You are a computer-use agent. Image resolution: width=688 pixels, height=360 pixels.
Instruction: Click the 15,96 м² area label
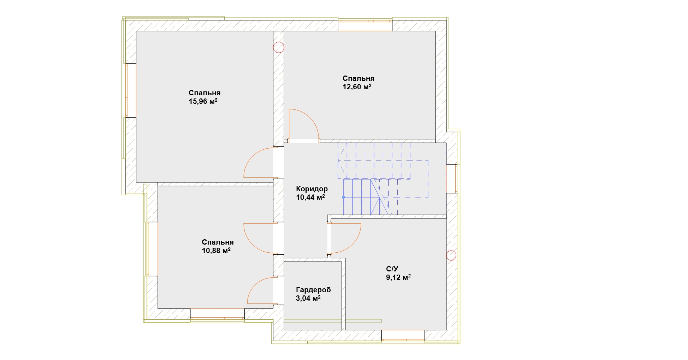203,102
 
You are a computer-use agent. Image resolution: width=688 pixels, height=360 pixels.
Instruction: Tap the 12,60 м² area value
357,87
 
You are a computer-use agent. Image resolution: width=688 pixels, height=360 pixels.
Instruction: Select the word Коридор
312,189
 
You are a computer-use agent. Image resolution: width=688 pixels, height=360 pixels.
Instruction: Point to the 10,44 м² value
310,197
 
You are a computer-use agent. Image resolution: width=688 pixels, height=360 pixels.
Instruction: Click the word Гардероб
313,290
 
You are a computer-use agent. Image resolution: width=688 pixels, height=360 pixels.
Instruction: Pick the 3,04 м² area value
308,298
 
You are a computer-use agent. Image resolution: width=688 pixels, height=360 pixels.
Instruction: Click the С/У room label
392,269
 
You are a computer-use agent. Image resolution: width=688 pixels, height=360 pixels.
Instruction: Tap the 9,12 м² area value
398,277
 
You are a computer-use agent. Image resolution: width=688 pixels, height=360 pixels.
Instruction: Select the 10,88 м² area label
216,251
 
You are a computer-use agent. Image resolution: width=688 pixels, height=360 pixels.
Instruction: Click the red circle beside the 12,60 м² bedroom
279,47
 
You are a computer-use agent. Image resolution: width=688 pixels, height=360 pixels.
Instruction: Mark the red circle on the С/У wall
451,255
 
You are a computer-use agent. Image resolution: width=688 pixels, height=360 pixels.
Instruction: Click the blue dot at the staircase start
343,197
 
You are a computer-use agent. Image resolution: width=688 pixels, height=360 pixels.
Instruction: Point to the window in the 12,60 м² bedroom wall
365,26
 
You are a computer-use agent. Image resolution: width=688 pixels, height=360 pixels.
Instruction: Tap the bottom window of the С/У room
403,335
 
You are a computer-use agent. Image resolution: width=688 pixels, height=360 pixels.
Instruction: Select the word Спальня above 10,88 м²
218,242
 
